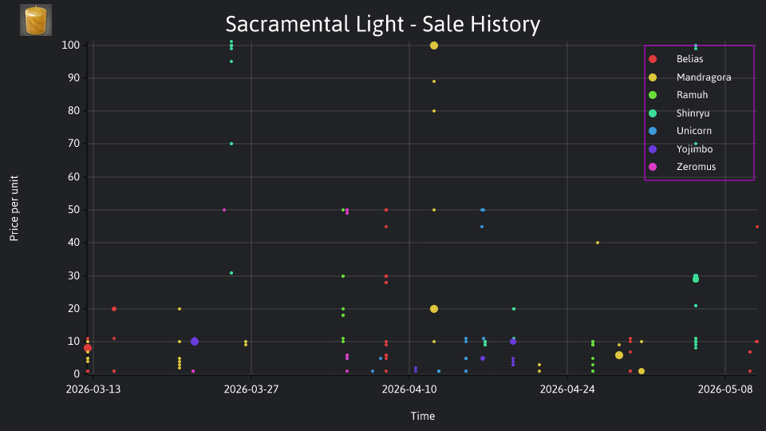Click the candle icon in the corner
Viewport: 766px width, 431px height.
pyautogui.click(x=36, y=20)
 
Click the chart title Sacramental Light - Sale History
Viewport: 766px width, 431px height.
pyautogui.click(x=382, y=24)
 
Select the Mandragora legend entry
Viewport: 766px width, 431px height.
pyautogui.click(x=689, y=77)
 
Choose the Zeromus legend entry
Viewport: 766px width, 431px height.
pyautogui.click(x=681, y=167)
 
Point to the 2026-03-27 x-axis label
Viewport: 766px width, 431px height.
pyautogui.click(x=251, y=389)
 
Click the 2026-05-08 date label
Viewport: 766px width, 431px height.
pyautogui.click(x=725, y=389)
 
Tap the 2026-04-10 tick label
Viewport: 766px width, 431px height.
pyautogui.click(x=409, y=389)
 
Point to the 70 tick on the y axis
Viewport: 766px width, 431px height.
pyautogui.click(x=73, y=144)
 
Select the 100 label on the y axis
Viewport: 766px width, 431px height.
pyautogui.click(x=71, y=45)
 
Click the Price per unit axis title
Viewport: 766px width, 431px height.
pyautogui.click(x=14, y=208)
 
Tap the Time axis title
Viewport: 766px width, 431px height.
pyautogui.click(x=423, y=416)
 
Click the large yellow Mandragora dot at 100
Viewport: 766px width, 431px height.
pyautogui.click(x=434, y=45)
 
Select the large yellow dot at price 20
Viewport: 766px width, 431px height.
pyautogui.click(x=434, y=309)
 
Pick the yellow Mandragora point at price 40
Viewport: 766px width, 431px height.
pyautogui.click(x=598, y=243)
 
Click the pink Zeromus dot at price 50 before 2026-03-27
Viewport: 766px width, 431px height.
pyautogui.click(x=224, y=210)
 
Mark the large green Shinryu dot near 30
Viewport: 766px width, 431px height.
pyautogui.click(x=696, y=279)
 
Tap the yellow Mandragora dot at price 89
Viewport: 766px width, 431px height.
pyautogui.click(x=434, y=81)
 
